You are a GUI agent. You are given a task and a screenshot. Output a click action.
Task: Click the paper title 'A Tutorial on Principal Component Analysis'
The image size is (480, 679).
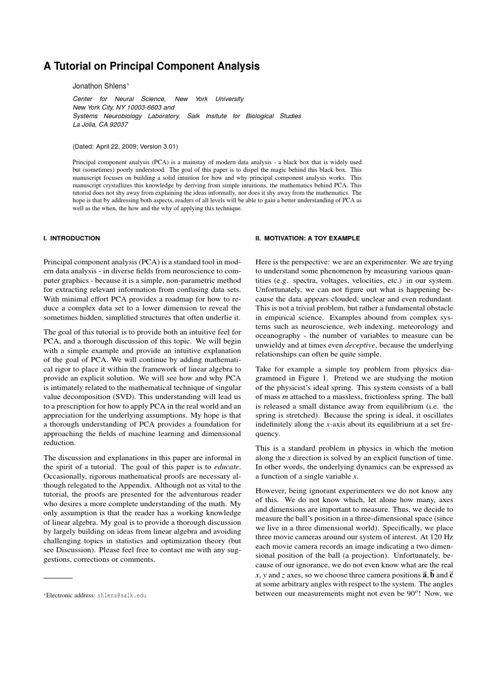tap(152, 66)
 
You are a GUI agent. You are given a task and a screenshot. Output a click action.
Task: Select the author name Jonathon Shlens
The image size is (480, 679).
tap(101, 86)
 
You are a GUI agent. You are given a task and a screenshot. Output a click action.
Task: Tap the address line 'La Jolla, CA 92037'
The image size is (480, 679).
tap(101, 124)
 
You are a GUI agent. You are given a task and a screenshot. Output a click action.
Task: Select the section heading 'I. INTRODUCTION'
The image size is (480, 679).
tap(72, 238)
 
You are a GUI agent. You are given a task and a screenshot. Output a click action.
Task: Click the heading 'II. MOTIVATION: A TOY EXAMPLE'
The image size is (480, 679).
tap(308, 238)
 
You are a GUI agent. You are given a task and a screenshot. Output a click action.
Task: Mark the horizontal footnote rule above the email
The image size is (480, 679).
tap(58, 577)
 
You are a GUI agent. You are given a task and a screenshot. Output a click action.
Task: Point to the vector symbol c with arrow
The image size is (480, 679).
tap(451, 575)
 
